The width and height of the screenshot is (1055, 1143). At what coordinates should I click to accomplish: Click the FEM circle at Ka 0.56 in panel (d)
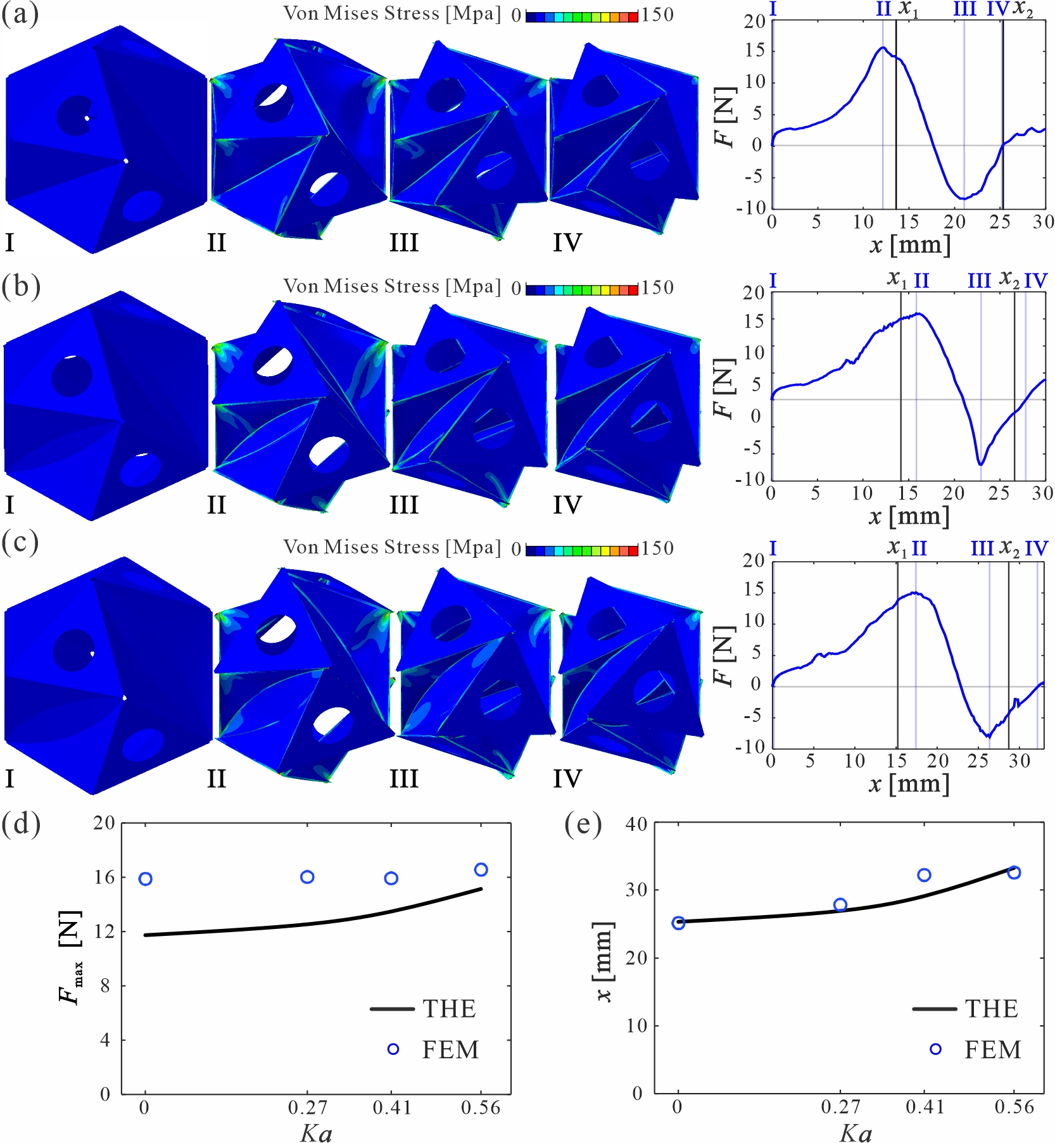point(481,869)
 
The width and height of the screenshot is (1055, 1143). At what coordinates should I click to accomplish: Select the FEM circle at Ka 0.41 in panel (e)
point(924,875)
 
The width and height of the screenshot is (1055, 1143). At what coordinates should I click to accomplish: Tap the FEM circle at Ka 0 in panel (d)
point(145,878)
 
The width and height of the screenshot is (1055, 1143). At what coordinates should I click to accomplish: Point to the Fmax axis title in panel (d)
point(70,957)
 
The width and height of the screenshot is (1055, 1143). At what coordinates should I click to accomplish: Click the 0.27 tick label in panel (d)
point(307,1108)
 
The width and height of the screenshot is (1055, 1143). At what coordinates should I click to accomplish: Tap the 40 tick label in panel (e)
point(636,824)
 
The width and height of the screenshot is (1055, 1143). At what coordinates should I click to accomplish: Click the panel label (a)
point(20,14)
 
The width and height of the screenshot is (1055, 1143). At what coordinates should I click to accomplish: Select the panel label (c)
point(20,543)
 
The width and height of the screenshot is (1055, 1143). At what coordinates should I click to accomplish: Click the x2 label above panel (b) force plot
point(1009,279)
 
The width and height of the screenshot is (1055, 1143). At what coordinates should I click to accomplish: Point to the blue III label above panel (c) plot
point(982,548)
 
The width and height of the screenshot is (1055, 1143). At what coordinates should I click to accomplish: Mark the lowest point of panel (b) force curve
point(980,464)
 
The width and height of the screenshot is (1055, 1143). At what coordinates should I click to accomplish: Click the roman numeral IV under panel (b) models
point(567,505)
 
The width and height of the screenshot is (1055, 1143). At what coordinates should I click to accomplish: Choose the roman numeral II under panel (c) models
point(216,778)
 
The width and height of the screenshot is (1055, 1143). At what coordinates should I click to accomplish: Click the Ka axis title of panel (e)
point(856,1133)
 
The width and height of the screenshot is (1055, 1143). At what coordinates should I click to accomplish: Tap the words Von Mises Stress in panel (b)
point(361,286)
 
